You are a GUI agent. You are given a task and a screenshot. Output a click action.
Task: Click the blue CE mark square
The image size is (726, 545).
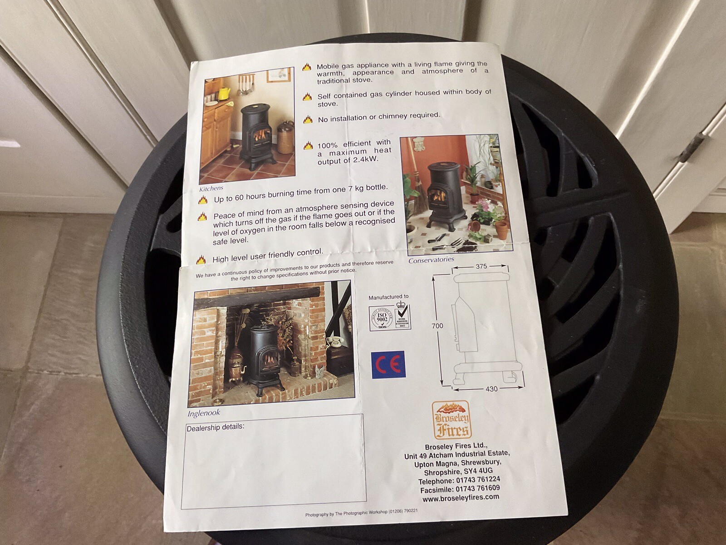tap(388, 364)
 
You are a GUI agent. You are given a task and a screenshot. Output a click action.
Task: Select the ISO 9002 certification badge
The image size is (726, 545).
tap(382, 317)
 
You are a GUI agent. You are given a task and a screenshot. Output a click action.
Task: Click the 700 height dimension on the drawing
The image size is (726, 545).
tap(437, 326)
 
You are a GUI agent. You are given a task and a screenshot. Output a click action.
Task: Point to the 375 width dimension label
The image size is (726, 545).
tap(481, 266)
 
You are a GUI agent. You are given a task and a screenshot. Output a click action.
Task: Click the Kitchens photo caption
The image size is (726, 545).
tap(211, 188)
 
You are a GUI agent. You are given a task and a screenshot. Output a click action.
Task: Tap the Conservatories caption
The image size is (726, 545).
tap(431, 260)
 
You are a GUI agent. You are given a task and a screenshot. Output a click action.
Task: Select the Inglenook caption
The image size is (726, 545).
tap(204, 413)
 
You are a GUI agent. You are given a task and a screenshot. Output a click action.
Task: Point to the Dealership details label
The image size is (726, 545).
tap(216, 427)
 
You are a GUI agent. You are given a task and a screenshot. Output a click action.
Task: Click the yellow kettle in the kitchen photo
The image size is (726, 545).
tap(224, 93)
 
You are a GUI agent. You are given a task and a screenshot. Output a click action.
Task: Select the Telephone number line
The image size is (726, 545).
tap(459, 480)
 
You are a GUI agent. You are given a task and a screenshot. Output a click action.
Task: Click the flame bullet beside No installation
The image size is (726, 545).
tap(308, 119)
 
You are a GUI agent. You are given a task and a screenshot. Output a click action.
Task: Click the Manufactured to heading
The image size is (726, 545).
tap(388, 297)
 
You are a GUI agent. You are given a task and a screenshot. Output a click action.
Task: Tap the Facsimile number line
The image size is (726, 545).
tap(460, 489)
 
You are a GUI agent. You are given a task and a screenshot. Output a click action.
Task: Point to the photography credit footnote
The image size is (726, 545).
tap(361, 513)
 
